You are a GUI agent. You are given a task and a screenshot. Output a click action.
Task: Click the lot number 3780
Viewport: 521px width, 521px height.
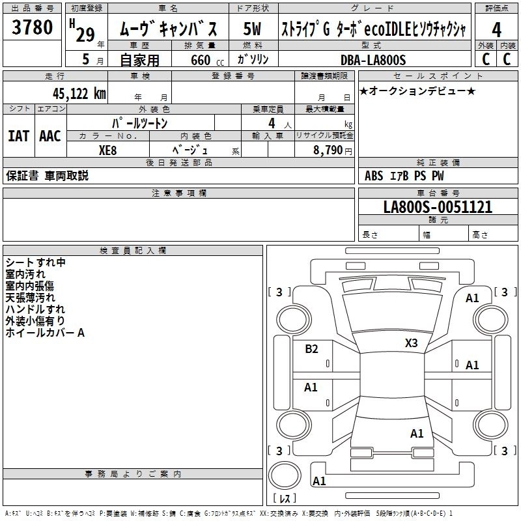click(x=33, y=28)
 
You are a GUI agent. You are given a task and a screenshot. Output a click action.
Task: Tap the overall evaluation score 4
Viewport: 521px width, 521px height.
click(x=497, y=29)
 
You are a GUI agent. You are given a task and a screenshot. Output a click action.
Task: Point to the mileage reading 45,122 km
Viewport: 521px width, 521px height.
click(x=75, y=93)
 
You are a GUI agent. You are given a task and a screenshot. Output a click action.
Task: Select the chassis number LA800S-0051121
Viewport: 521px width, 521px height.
click(x=438, y=207)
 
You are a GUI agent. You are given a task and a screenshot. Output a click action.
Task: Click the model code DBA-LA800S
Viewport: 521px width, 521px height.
click(x=373, y=60)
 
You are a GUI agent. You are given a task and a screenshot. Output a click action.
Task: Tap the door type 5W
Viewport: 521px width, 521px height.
click(x=252, y=29)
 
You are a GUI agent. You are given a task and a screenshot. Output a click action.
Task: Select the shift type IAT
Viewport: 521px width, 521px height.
click(x=18, y=136)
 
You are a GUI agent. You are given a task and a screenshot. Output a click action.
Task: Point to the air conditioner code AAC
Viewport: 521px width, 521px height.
click(x=50, y=136)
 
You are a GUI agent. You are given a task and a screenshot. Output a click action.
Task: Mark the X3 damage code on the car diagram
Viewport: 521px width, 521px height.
click(x=411, y=343)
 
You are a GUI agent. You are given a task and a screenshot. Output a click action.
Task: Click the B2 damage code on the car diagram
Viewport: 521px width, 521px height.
click(x=312, y=349)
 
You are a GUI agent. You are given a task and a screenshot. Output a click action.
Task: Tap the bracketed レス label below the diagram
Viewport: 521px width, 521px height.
click(x=284, y=499)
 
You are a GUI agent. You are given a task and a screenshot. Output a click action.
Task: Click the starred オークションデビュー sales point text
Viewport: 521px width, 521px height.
click(x=417, y=91)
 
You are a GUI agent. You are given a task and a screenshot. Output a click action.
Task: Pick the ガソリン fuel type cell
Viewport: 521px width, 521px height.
click(x=251, y=60)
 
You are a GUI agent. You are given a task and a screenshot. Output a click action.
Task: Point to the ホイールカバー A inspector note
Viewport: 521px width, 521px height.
click(x=45, y=333)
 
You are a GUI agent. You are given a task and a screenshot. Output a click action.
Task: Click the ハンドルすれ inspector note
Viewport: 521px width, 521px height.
click(x=35, y=309)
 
